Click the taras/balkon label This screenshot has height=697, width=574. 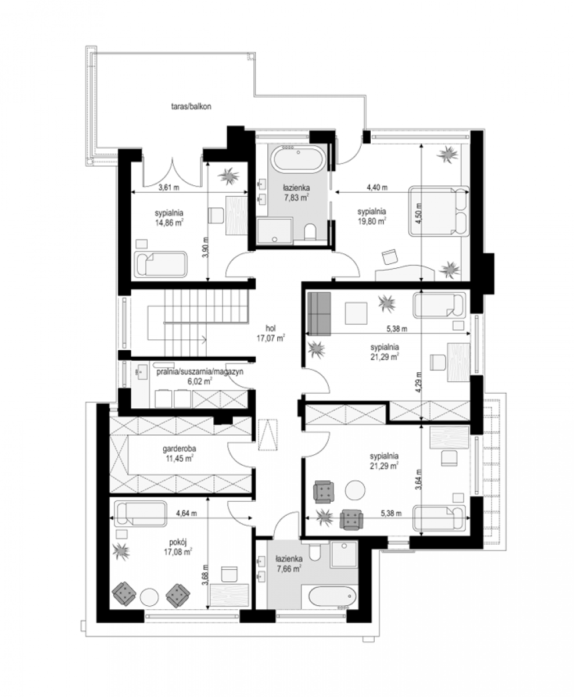tap(191, 107)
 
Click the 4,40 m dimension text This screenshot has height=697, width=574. tap(377, 188)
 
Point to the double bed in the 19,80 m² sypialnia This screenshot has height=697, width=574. tap(439, 211)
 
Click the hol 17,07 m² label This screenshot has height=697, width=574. tap(271, 333)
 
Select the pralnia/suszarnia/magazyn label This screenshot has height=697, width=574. tap(200, 372)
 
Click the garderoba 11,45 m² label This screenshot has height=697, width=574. tap(179, 454)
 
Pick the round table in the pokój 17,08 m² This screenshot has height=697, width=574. tap(149, 597)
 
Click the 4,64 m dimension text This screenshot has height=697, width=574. tap(186, 513)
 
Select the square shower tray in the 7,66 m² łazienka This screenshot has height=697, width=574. tap(343, 555)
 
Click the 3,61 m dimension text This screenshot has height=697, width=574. tap(168, 188)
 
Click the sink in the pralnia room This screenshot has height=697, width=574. tap(143, 372)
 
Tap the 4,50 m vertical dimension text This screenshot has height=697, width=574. tap(419, 214)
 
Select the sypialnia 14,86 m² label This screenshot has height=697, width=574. tap(169, 217)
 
